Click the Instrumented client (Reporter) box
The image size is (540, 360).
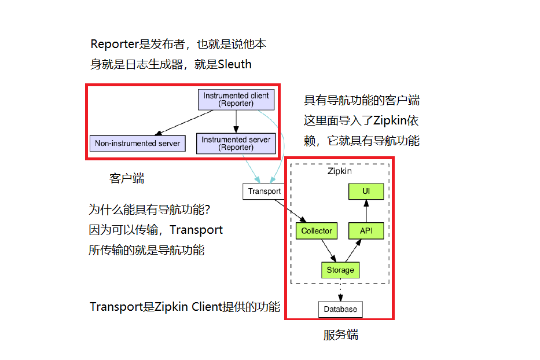[x=236, y=100]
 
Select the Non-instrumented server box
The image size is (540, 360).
[x=138, y=143]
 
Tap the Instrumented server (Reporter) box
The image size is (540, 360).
[x=236, y=143]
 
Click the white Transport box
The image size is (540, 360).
[x=264, y=191]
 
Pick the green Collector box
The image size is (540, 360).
[x=317, y=231]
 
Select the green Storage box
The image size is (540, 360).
[x=340, y=270]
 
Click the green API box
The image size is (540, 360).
[x=366, y=231]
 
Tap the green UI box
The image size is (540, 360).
[x=366, y=191]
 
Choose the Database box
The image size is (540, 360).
[x=340, y=309]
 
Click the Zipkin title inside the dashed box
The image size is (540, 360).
[x=340, y=171]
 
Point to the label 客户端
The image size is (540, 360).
[x=127, y=178]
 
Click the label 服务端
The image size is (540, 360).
[x=340, y=335]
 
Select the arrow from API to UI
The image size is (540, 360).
[x=366, y=211]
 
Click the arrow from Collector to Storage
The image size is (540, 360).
[x=328, y=250]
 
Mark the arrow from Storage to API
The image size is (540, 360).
[x=352, y=251]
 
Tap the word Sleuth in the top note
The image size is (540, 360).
[x=234, y=64]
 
